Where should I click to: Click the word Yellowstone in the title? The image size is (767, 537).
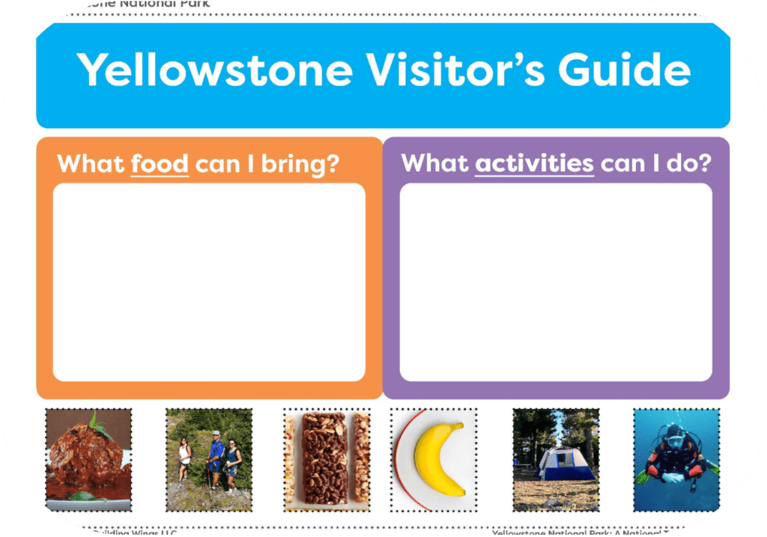(215, 70)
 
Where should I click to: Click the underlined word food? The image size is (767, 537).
(160, 163)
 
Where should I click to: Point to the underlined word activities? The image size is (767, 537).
(534, 163)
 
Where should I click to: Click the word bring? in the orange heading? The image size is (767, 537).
(300, 164)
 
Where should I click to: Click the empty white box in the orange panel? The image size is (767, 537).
(209, 282)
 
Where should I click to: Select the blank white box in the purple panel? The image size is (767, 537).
(555, 282)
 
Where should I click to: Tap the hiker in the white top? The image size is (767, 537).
(184, 458)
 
